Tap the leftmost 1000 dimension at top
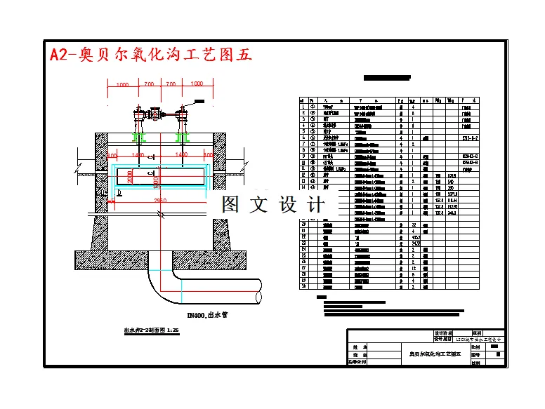[122, 84]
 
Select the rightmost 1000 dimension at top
[197, 84]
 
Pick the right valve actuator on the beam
[183, 114]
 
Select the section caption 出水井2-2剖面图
[152, 329]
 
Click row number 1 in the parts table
[303, 107]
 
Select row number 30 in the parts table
[303, 286]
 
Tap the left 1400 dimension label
[138, 154]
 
